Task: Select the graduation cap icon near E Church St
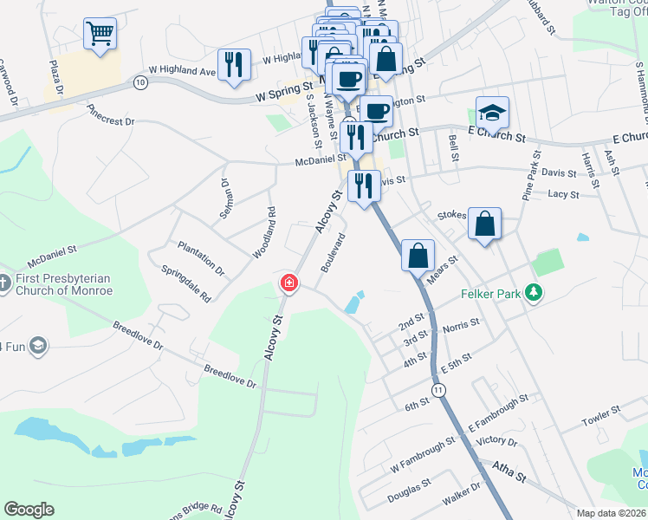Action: pyautogui.click(x=492, y=113)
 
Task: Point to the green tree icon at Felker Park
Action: pyautogui.click(x=535, y=294)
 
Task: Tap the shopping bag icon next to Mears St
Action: pyautogui.click(x=418, y=256)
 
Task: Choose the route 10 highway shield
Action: pyautogui.click(x=140, y=81)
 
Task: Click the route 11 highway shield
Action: pyautogui.click(x=441, y=392)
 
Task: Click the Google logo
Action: pyautogui.click(x=29, y=510)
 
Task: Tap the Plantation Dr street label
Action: pyautogui.click(x=201, y=258)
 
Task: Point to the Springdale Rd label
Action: pyautogui.click(x=186, y=283)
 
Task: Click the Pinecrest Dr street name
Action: pyautogui.click(x=112, y=116)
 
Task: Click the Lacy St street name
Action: pyautogui.click(x=563, y=194)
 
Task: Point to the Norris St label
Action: pyautogui.click(x=461, y=326)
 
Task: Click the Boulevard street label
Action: pyautogui.click(x=334, y=252)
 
